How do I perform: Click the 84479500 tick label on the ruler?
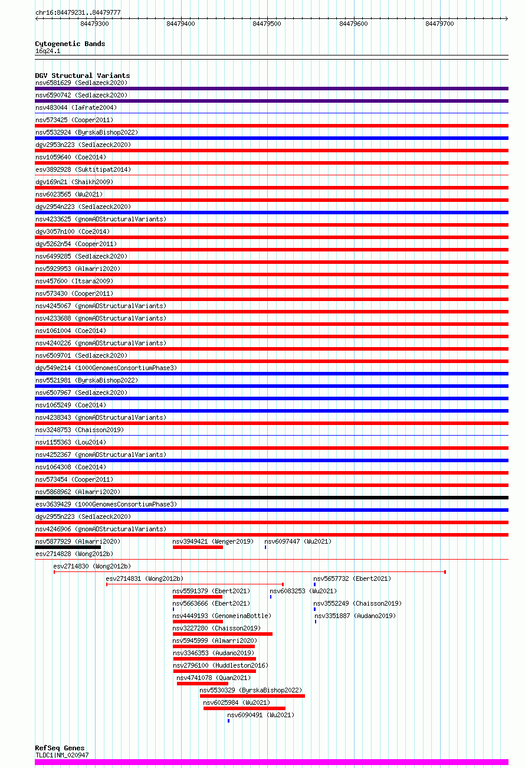coord(267,24)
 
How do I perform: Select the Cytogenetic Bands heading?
coord(70,44)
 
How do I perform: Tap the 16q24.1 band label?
coord(48,51)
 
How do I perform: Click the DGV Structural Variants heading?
coord(82,76)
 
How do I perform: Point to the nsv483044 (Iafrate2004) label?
coord(76,107)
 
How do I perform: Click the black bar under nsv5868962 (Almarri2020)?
coord(271,498)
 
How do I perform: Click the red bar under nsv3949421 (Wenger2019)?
coord(198,547)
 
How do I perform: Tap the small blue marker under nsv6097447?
coord(265,547)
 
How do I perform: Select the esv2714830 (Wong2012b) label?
coord(92,566)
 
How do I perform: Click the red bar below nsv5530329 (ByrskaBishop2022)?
coord(252,696)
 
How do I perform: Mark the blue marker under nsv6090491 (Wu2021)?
coord(228,721)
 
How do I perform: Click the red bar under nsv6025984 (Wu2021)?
coord(244,708)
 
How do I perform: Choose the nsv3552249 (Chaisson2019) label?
coord(357,603)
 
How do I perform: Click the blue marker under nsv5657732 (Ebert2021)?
coord(314,584)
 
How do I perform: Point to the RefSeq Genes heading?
coord(60,748)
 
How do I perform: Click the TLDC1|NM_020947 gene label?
coord(62,755)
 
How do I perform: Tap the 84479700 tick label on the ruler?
coord(439,24)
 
